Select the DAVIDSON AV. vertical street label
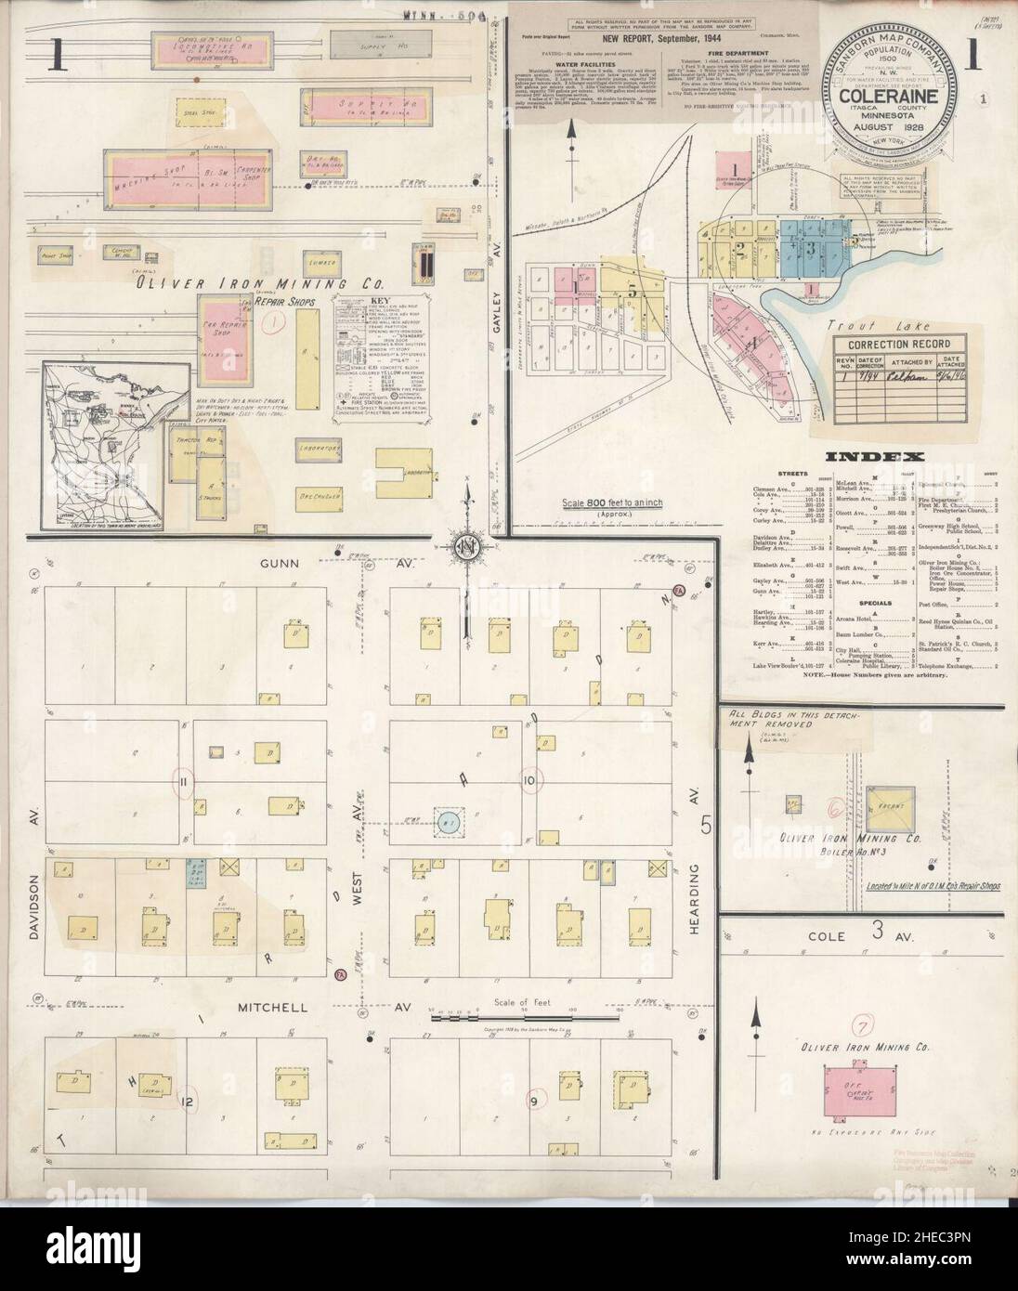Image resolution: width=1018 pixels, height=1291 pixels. [32, 872]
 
